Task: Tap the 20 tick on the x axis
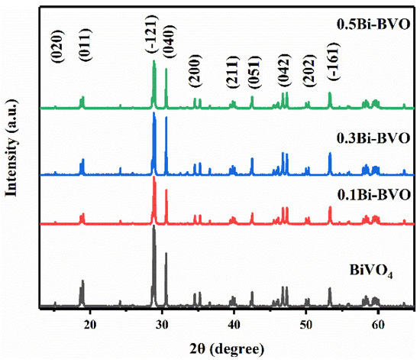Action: coord(90,323)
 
